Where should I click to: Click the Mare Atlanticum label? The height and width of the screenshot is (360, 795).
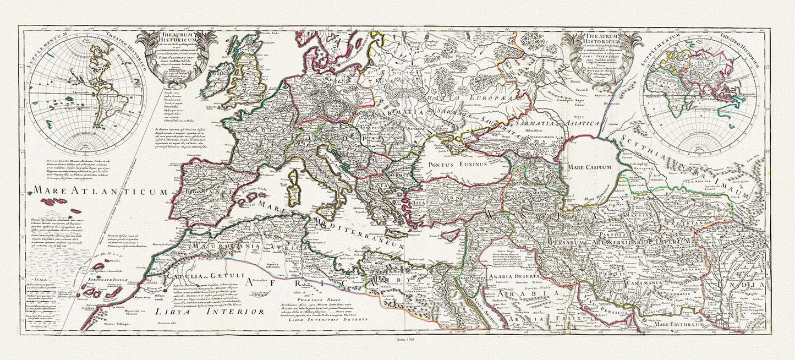click(100, 192)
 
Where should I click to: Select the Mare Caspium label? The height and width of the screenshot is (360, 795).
click(590, 166)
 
